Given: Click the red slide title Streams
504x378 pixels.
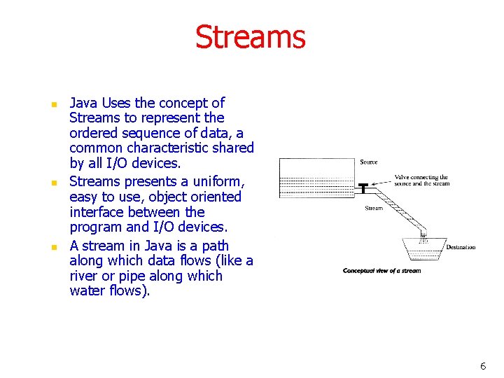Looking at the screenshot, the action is (x=251, y=37).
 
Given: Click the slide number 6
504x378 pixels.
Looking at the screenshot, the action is (x=483, y=366).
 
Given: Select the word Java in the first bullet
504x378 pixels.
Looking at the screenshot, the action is (x=83, y=103).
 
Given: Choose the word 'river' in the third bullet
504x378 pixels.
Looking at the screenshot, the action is (x=83, y=276).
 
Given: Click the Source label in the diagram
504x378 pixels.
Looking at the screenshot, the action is (x=369, y=162).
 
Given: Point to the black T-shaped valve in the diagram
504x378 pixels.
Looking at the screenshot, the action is (x=364, y=187).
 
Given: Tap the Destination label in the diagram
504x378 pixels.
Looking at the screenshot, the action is (x=461, y=247).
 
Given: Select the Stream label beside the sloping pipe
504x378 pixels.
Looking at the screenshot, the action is (x=374, y=208).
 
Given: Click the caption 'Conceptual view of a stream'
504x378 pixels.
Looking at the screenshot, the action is (x=381, y=271).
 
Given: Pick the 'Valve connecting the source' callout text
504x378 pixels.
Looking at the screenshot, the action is (x=421, y=181).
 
